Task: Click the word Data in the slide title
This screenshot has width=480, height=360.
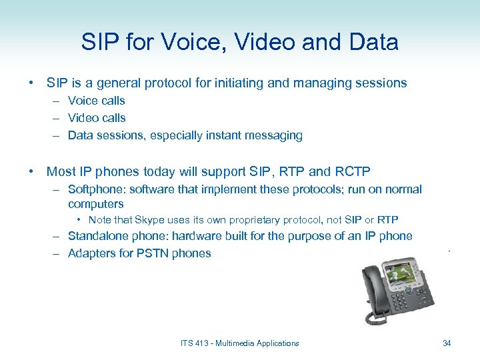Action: click(373, 43)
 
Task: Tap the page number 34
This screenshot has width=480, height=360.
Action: click(447, 343)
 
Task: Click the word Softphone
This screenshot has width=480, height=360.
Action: click(96, 189)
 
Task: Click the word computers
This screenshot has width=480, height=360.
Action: click(96, 204)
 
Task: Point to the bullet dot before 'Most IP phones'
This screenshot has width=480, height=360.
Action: click(32, 171)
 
